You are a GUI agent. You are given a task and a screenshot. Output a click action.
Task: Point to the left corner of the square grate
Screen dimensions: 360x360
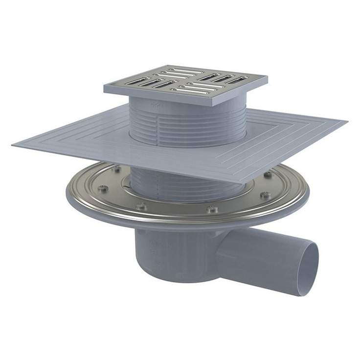105,89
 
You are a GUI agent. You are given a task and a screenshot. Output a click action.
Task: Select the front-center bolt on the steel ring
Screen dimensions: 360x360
212,210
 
